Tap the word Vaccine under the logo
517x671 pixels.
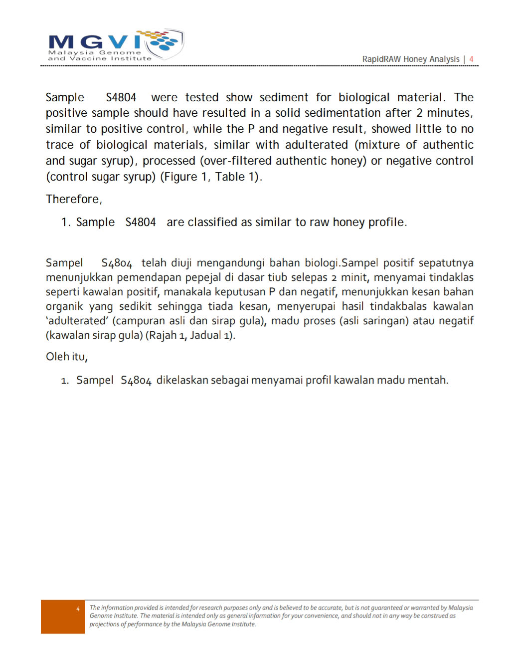[x=88, y=58]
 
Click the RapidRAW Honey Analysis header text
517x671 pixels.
[x=410, y=59]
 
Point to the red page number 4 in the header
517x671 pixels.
[x=471, y=59]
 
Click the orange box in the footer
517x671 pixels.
[x=63, y=617]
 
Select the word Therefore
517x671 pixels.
[x=73, y=199]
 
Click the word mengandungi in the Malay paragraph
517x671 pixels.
[x=232, y=263]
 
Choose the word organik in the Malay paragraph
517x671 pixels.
[x=64, y=306]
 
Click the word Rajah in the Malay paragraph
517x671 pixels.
[x=163, y=335]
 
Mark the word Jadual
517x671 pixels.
[x=205, y=335]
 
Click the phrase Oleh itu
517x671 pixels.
[x=66, y=357]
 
